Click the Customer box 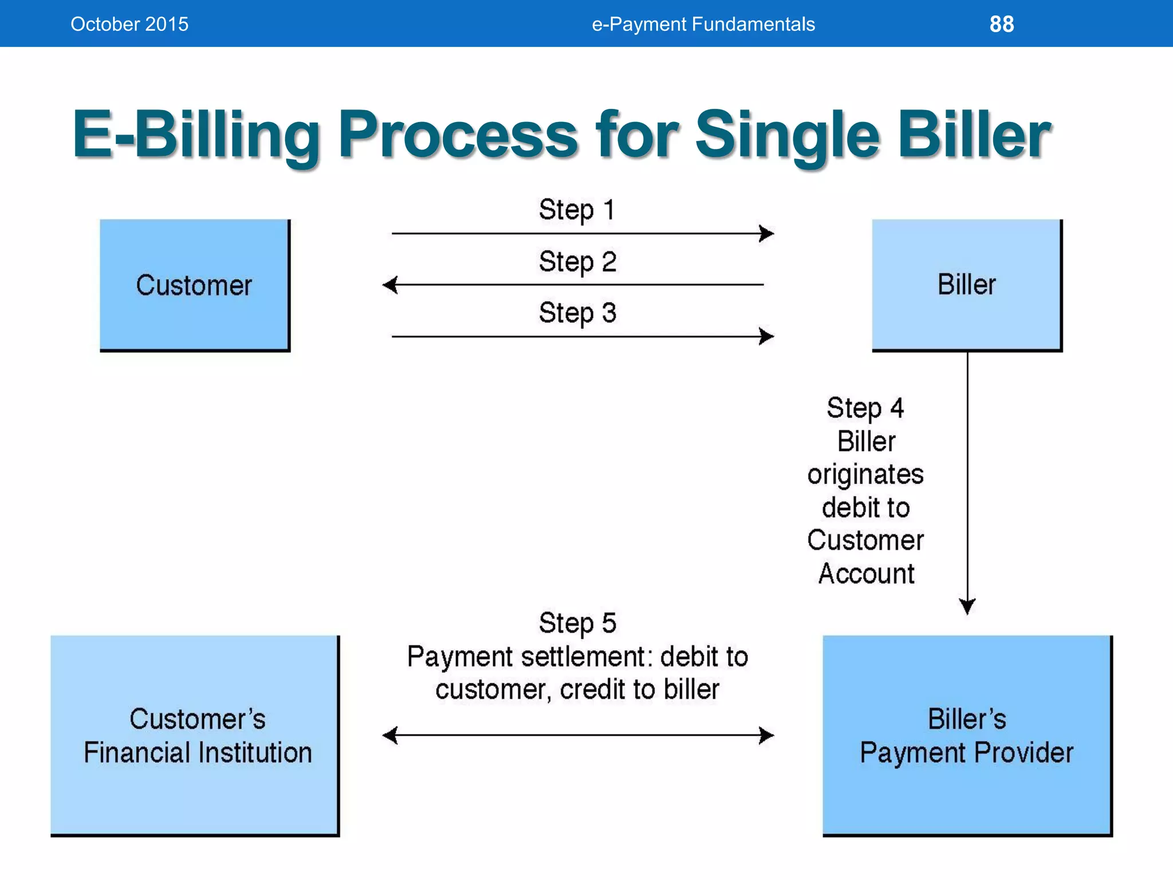coord(195,285)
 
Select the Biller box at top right coord(966,285)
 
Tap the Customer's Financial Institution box coord(195,735)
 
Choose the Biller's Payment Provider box coord(966,735)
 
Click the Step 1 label coord(577,210)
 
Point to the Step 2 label coord(577,262)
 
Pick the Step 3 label coord(577,313)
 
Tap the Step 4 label coord(865,408)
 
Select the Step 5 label coord(577,623)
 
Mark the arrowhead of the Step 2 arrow coord(389,285)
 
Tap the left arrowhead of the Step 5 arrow coord(389,735)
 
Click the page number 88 coord(1001,24)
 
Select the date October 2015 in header coord(129,24)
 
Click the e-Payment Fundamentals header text coord(703,24)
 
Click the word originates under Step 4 coord(865,475)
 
